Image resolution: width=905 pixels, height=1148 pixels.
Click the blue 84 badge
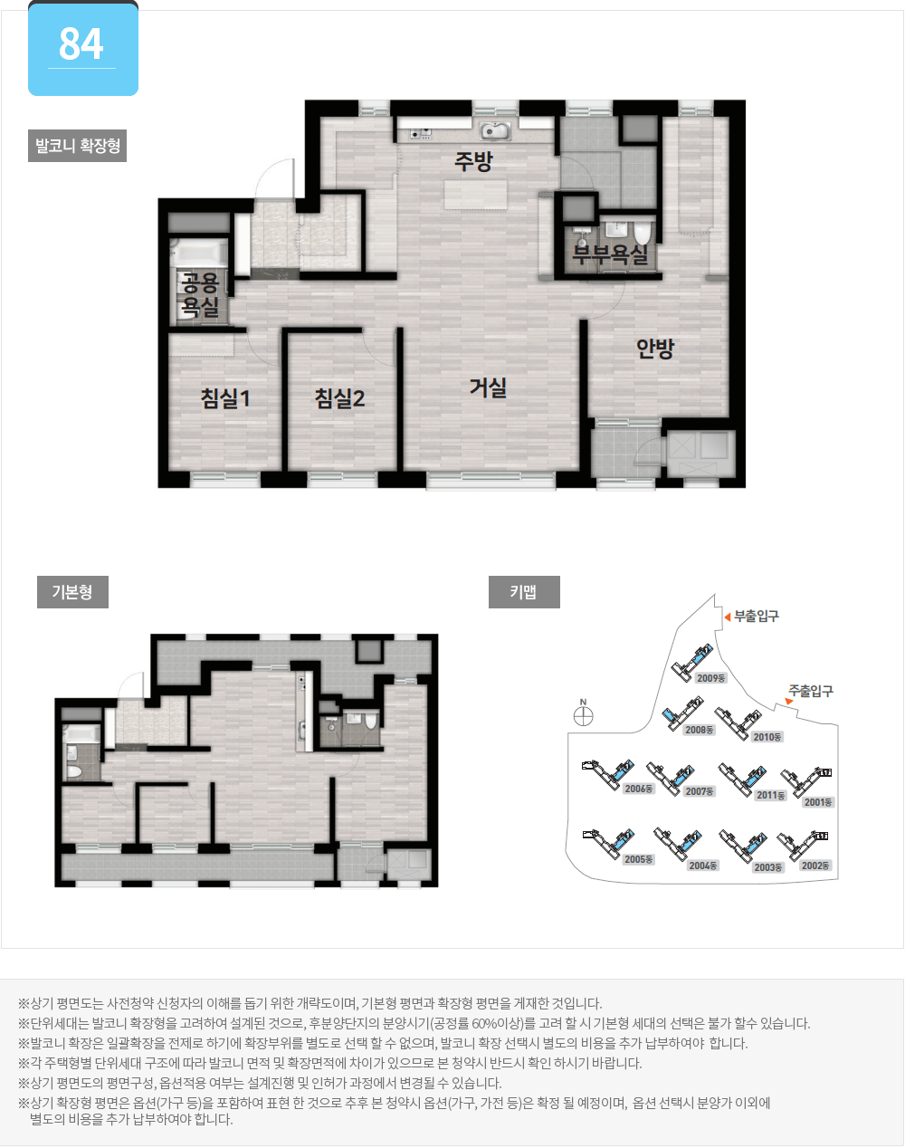pos(83,49)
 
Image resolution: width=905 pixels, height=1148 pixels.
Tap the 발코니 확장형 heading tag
pos(77,145)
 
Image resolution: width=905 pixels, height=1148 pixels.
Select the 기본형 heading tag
pos(72,591)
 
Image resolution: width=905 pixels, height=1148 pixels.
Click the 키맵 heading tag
pos(524,591)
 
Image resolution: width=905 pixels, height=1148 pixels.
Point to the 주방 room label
pos(473,161)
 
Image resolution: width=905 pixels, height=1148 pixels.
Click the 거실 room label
pos(488,387)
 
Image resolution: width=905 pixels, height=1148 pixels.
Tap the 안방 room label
pos(655,349)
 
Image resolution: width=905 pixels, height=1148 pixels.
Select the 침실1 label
pos(225,398)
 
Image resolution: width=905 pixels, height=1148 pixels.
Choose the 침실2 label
pos(339,398)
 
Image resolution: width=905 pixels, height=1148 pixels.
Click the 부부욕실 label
pos(610,254)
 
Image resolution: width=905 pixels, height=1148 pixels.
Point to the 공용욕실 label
pos(199,294)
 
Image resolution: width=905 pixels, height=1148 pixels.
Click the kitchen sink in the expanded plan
pos(495,130)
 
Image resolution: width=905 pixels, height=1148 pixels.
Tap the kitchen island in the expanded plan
pos(476,195)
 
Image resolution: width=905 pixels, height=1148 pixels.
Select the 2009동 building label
pos(711,678)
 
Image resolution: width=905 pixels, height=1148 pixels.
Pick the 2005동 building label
pos(638,859)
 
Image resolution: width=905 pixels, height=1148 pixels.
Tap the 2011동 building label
pos(771,795)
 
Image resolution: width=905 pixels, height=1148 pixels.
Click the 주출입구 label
pos(811,691)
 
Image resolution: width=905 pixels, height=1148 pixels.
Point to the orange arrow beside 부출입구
pos(728,617)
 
